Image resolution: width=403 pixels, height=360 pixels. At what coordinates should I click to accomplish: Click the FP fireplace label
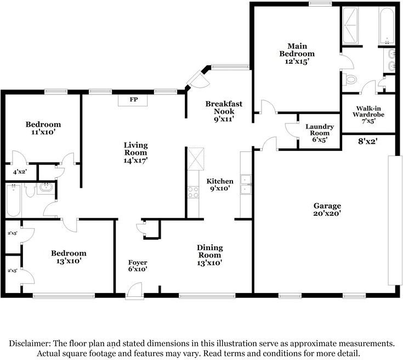pos(134,99)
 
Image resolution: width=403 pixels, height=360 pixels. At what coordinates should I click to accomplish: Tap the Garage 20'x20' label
pos(327,210)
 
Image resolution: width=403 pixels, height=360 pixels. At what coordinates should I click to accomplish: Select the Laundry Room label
pos(320,133)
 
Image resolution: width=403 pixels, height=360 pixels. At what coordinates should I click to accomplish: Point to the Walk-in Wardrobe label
pos(368,115)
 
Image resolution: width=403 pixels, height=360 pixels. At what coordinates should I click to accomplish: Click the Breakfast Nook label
pos(224,111)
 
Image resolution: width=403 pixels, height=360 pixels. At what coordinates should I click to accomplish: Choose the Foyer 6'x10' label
pos(138,266)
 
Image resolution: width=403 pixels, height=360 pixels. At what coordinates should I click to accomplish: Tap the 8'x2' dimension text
pos(368,141)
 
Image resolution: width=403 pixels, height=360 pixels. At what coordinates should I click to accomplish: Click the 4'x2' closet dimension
pos(20,172)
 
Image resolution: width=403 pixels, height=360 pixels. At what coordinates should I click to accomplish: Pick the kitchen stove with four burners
pos(193,192)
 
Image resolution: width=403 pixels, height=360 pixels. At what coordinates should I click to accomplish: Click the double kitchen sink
pos(246,184)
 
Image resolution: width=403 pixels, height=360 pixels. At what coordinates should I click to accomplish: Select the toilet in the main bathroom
pos(350,79)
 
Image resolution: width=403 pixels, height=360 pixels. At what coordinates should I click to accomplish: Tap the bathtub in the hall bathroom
pos(13,200)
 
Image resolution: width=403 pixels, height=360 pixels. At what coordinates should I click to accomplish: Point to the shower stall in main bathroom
pos(350,25)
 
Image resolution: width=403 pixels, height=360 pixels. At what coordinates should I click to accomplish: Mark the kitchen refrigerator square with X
pos(196,159)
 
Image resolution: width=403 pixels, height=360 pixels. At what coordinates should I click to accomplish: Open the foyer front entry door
pos(134,291)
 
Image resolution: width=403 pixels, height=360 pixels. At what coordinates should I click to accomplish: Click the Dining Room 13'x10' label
pos(209,255)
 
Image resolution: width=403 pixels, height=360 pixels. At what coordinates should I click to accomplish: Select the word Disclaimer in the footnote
pos(29,344)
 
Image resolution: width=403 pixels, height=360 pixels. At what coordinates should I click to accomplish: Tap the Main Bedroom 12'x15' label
pos(297,54)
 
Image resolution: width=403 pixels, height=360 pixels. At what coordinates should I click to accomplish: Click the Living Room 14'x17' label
pos(135,153)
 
